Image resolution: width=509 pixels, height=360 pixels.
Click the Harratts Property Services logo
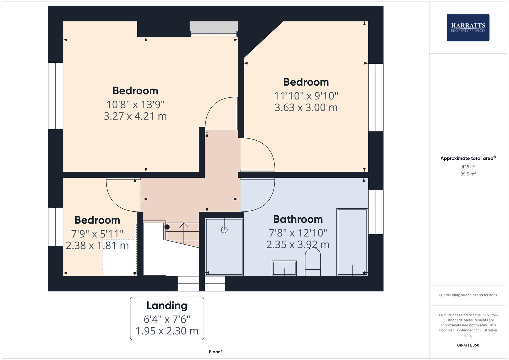(468, 27)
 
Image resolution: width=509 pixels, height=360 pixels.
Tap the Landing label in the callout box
(167, 305)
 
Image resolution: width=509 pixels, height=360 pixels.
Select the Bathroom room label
(298, 219)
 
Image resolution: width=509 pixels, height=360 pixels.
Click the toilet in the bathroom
(313, 262)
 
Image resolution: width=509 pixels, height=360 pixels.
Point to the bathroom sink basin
(284, 268)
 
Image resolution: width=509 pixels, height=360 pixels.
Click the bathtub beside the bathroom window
(352, 242)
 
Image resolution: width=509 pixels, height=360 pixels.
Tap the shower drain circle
(224, 230)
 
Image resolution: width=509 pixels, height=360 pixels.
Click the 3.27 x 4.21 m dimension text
(135, 116)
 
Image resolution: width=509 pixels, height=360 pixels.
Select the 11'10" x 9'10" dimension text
(306, 96)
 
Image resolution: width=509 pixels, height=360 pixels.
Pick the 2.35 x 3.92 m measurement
(298, 244)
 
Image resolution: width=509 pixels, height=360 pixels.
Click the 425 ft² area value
(468, 167)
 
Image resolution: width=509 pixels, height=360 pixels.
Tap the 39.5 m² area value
(468, 174)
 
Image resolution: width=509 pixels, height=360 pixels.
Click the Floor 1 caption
(216, 352)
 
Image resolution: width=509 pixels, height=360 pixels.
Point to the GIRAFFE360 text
(468, 345)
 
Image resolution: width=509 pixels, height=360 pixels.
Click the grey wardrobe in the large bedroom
(214, 27)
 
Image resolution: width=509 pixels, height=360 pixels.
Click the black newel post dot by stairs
(167, 227)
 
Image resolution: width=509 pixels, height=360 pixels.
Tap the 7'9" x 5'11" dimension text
(97, 234)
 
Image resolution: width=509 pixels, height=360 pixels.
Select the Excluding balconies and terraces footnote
(468, 295)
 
